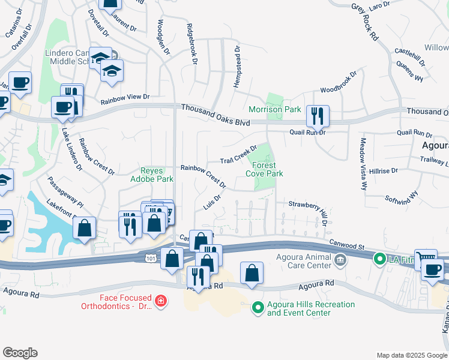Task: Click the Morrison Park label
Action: tap(274, 110)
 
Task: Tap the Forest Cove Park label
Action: tap(264, 169)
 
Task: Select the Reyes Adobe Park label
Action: tap(152, 175)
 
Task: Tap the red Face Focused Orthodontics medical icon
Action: tap(160, 300)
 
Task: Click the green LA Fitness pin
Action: tap(379, 259)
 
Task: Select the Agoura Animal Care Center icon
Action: tap(340, 260)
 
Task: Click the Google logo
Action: tap(20, 353)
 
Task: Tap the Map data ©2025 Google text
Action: tap(411, 355)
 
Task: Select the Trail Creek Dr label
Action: tap(238, 154)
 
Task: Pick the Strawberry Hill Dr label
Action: tap(309, 209)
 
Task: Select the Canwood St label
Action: tap(347, 245)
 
